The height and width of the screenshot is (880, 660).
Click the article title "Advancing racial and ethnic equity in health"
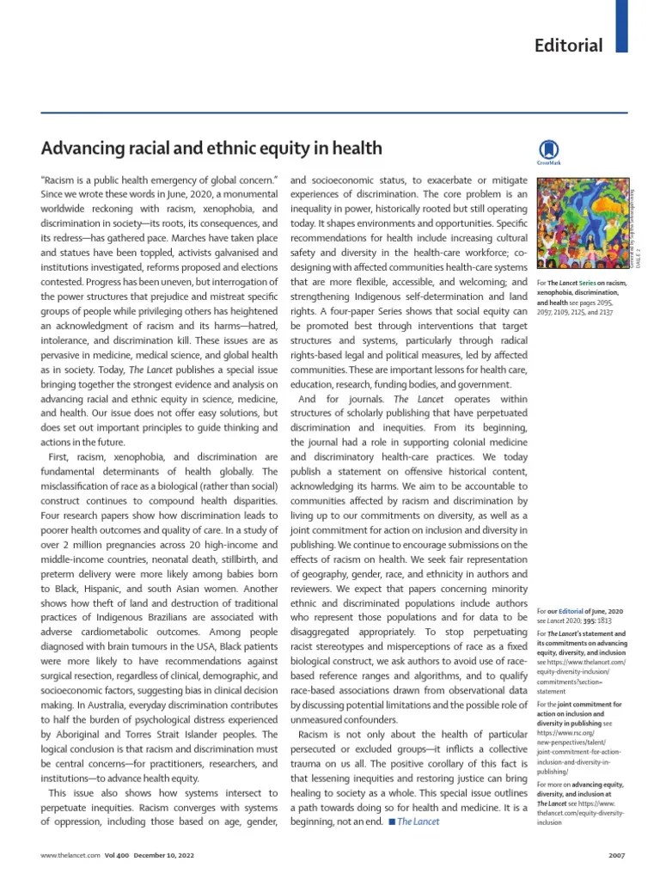[211, 148]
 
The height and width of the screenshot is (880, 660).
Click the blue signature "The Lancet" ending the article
[419, 822]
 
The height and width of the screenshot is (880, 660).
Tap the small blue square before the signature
[392, 822]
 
